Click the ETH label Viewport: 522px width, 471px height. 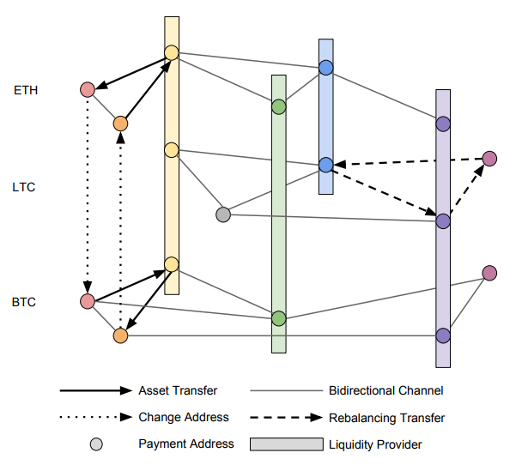click(26, 90)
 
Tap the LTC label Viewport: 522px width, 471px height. click(24, 187)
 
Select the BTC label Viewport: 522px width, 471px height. click(24, 302)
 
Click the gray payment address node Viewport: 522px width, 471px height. click(223, 214)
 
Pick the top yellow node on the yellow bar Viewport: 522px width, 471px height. click(172, 52)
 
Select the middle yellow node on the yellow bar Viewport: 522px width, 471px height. click(172, 150)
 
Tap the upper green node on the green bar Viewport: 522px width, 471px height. click(279, 106)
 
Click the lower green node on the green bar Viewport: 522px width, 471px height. click(279, 318)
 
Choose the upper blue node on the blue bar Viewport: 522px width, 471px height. click(326, 68)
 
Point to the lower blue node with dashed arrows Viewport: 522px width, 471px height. click(326, 165)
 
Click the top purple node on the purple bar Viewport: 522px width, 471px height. click(443, 124)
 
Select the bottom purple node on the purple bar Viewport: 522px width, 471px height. click(443, 335)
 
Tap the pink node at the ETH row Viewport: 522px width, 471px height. click(88, 90)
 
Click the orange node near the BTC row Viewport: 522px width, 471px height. click(120, 335)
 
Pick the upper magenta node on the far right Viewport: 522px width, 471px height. click(489, 159)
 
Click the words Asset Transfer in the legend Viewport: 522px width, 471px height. click(178, 390)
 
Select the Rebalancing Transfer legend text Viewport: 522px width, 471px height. click(387, 418)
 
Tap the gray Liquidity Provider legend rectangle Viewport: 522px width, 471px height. click(287, 444)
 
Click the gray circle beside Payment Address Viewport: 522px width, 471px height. click(96, 444)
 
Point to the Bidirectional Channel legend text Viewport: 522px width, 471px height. click(386, 390)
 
